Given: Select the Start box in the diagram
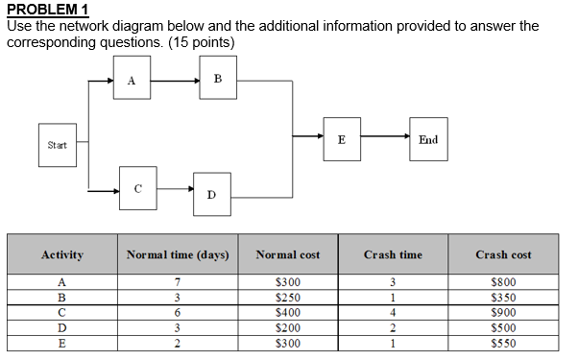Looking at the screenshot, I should (58, 145).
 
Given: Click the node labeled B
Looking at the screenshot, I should (218, 79).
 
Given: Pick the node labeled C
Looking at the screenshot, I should (138, 188).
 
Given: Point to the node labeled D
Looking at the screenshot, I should (211, 195).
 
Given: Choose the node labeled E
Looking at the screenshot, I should (342, 139).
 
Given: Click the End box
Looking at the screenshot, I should (428, 139).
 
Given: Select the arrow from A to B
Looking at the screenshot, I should (174, 81).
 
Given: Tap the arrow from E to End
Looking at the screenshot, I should (384, 139).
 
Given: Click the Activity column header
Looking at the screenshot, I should (61, 254).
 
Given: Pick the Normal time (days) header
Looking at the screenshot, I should (178, 254).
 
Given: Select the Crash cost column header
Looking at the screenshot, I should (503, 254).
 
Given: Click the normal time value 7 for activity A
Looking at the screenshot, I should (178, 282).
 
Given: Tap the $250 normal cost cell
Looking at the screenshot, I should (288, 298).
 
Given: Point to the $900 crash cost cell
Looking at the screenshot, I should (504, 312).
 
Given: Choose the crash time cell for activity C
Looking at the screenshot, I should (393, 312).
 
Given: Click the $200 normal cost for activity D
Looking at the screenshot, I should (288, 327).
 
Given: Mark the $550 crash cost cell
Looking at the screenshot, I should (504, 343).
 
